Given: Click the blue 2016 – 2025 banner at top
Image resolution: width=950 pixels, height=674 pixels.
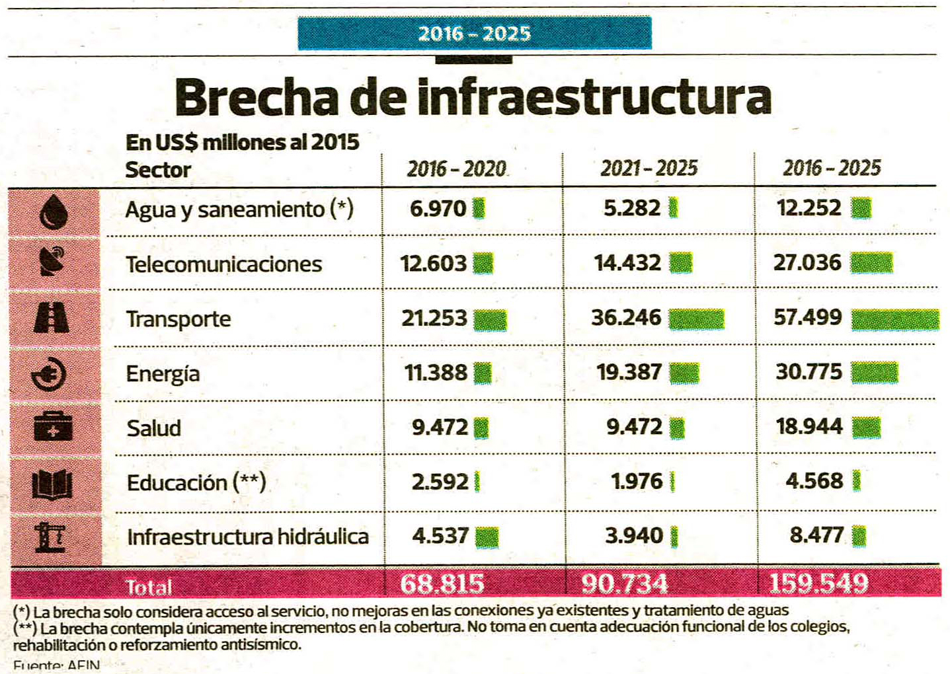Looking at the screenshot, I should (474, 34).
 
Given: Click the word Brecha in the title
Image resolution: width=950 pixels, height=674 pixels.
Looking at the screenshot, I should (257, 98).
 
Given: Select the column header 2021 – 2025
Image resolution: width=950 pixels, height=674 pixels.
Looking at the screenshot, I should (649, 168).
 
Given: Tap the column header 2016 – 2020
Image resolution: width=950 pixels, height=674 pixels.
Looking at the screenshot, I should (456, 169).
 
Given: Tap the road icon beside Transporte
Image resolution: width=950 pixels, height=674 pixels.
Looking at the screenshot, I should (52, 317).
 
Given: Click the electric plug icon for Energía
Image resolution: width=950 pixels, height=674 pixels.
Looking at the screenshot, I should (50, 374).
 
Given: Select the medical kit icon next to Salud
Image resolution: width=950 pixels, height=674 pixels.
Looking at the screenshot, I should (53, 427).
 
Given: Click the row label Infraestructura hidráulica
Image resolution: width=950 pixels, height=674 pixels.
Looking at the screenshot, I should (247, 537).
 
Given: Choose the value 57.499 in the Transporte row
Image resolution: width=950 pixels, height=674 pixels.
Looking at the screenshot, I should (808, 318).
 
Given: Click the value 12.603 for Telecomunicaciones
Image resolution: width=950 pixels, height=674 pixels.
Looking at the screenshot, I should (433, 264).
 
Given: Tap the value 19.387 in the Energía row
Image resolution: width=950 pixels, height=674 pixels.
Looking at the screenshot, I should (629, 373).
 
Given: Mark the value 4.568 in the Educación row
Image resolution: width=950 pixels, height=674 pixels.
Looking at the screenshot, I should (814, 481).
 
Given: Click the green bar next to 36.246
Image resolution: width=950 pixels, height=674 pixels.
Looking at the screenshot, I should (696, 319).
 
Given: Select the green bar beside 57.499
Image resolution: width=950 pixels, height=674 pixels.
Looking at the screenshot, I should (894, 320).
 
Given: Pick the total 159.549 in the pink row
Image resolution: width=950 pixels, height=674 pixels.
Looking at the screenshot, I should (818, 583).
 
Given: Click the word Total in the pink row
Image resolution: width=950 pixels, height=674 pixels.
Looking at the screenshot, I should (149, 587).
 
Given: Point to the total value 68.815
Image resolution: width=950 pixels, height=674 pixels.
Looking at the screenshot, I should (442, 583).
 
